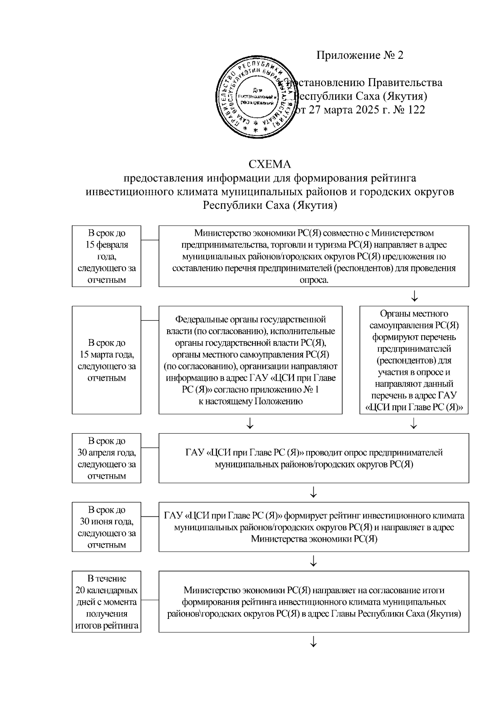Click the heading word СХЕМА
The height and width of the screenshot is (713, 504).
point(270,164)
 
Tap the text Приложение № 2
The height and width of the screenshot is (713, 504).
point(360,55)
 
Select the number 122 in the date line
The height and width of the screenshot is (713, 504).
point(415,110)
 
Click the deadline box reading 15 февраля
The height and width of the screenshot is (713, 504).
point(106,256)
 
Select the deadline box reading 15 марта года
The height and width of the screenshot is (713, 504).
point(106,360)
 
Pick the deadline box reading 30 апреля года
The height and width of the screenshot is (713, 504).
point(106,458)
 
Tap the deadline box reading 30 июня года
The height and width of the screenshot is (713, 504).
point(106,527)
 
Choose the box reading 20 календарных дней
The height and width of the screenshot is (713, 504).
point(106,602)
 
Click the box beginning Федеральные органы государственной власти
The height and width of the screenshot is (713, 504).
point(250,360)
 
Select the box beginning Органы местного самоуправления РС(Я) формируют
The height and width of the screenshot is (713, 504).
point(414,360)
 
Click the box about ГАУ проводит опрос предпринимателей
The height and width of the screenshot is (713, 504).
point(313,458)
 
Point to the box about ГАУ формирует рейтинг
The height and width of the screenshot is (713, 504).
point(313,527)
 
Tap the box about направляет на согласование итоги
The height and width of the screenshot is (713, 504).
point(313,602)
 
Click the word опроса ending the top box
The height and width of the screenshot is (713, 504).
point(313,280)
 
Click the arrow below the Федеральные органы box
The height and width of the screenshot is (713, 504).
point(250,424)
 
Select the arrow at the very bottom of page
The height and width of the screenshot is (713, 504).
point(313,642)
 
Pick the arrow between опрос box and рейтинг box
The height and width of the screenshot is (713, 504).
point(313,492)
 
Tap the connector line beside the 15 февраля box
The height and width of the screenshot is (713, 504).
point(150,240)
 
